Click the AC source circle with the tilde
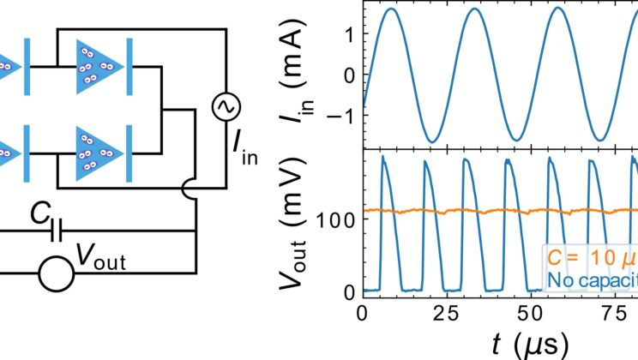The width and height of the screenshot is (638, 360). click(226, 108)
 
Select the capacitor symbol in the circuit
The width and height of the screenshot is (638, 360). click(57, 230)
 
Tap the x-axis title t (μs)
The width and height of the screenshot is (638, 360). click(529, 344)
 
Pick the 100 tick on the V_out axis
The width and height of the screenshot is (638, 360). click(341, 219)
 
